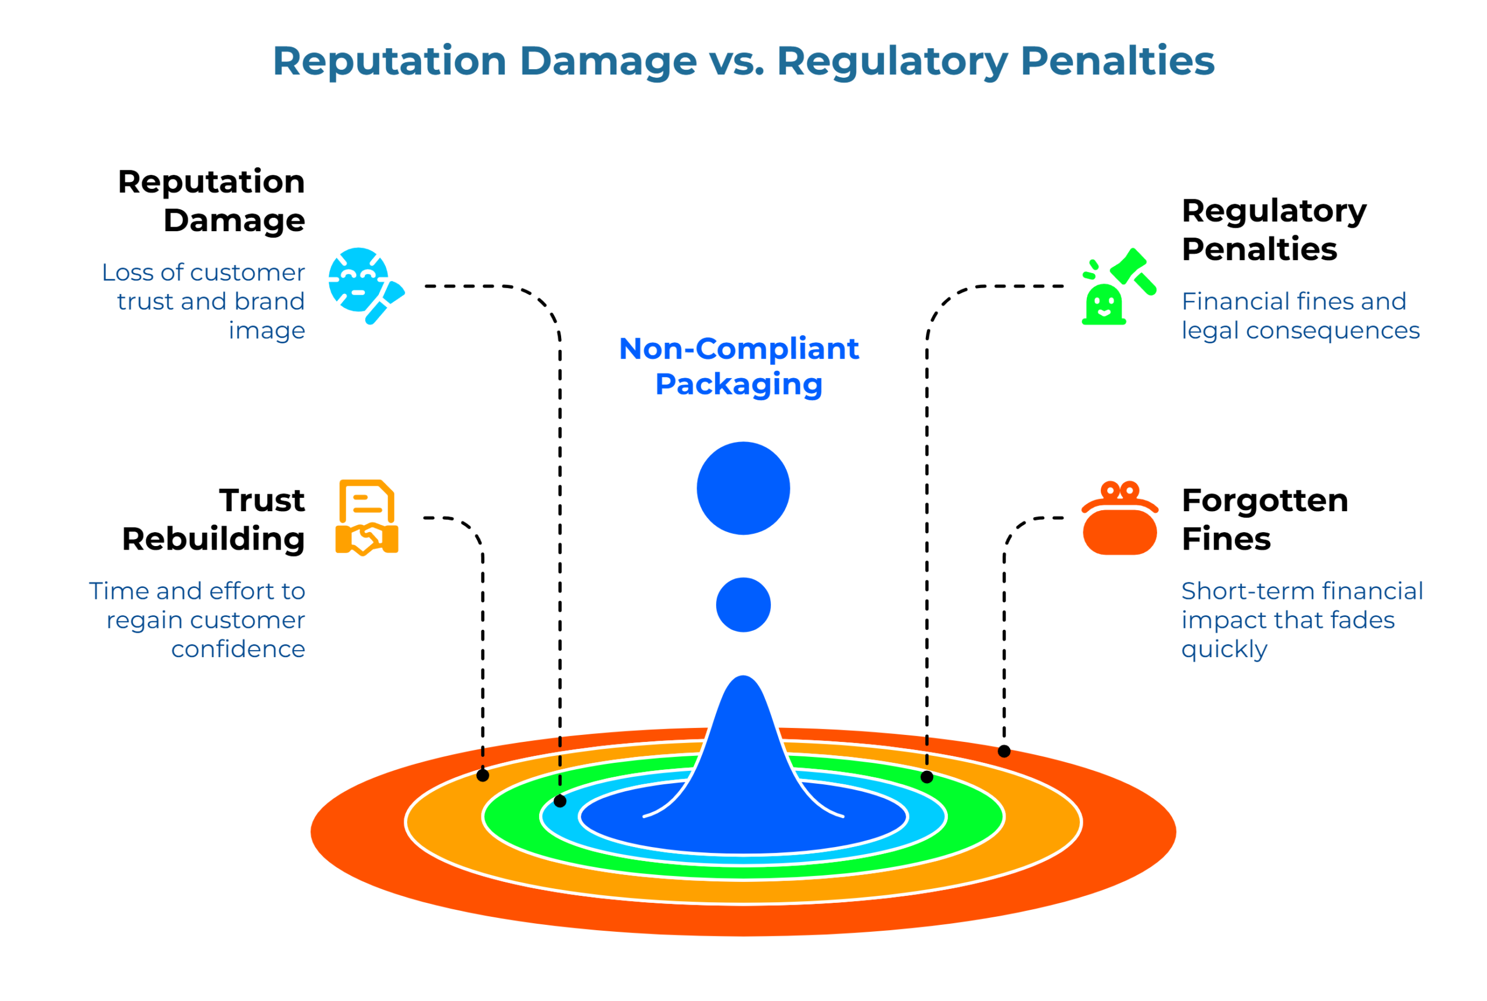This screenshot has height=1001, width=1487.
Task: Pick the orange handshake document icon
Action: pyautogui.click(x=367, y=517)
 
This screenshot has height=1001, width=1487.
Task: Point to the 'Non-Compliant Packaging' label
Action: pyautogui.click(x=739, y=367)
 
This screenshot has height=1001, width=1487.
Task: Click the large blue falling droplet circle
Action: pyautogui.click(x=743, y=489)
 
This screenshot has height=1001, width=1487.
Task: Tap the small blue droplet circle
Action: pyautogui.click(x=743, y=605)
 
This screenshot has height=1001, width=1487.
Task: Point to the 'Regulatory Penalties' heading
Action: pyautogui.click(x=1273, y=230)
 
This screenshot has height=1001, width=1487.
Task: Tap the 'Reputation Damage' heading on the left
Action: pyautogui.click(x=212, y=201)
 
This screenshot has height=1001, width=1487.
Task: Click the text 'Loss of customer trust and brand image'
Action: pyautogui.click(x=204, y=302)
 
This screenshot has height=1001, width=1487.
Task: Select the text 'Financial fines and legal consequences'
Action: pyautogui.click(x=1299, y=316)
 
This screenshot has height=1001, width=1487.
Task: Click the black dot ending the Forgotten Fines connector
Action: pyautogui.click(x=1004, y=751)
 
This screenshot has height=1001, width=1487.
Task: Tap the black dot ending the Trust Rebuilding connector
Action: pyautogui.click(x=483, y=776)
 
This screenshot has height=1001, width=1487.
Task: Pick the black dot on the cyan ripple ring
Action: pyautogui.click(x=560, y=801)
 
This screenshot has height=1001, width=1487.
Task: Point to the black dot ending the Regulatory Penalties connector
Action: pyautogui.click(x=926, y=777)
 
